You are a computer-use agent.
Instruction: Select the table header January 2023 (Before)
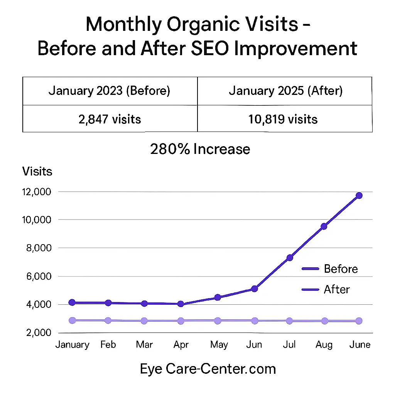110,91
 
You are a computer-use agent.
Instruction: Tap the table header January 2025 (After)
285,91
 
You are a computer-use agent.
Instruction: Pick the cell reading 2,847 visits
110,119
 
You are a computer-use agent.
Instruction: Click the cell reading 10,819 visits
285,119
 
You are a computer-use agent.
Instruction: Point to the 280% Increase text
200,149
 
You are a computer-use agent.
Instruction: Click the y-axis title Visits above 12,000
37,171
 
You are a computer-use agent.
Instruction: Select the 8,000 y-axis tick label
39,248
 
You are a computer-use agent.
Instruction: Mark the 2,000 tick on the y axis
39,333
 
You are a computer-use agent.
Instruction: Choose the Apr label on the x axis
181,344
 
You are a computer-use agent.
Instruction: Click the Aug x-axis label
324,344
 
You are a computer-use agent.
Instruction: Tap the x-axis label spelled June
360,344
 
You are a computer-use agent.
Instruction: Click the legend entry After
337,289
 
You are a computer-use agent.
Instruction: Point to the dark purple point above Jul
290,258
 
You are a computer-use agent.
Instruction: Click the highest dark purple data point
359,196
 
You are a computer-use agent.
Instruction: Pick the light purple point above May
218,321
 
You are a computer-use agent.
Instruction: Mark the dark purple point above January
72,302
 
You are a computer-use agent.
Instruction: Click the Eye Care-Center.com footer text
208,369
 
